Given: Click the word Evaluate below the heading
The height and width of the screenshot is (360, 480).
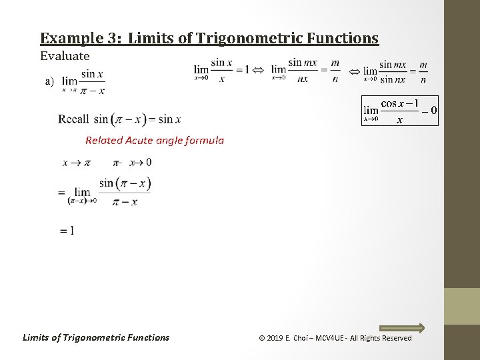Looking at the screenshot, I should coord(65,56).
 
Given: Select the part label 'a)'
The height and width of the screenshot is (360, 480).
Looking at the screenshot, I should coord(49,81).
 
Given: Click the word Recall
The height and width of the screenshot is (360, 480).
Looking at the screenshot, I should coord(73,119).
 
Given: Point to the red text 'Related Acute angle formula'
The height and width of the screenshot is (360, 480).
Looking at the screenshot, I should coord(155,140).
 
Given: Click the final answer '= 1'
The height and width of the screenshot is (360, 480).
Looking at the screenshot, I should coord(67,231).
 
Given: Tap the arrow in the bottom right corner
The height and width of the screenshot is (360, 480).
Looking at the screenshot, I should coord(402,327).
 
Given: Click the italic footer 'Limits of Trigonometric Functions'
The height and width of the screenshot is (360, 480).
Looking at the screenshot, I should coord(96,337).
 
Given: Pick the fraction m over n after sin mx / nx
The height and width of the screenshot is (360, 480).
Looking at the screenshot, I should coord(335,70).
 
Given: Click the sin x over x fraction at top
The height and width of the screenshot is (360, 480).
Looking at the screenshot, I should coord(221,70).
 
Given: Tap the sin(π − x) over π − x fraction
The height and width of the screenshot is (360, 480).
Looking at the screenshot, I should coord(125,192).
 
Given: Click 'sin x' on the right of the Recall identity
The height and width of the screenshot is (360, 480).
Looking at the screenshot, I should coord(169,119).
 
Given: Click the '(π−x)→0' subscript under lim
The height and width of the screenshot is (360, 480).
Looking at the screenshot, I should coord(82,201).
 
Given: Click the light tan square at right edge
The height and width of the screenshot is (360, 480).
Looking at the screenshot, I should coord(462,306).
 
